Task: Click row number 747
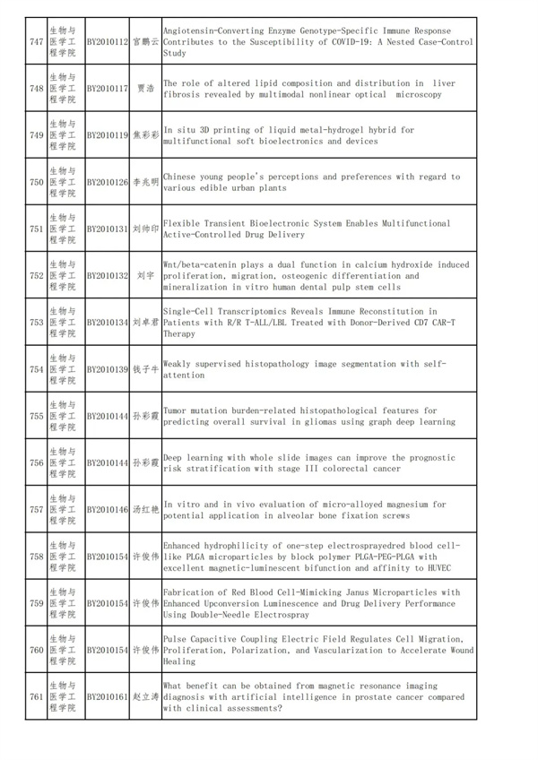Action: (x=36, y=42)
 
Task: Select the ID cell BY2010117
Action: (x=108, y=89)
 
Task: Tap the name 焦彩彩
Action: (x=145, y=135)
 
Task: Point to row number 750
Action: (x=36, y=182)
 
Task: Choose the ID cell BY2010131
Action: (x=108, y=229)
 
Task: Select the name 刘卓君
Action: (x=145, y=323)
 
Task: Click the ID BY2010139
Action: (x=108, y=369)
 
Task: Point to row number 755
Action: (x=36, y=416)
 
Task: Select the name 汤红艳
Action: (x=145, y=510)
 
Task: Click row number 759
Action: (x=36, y=603)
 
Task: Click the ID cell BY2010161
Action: (x=108, y=696)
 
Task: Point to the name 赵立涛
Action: (x=145, y=696)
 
